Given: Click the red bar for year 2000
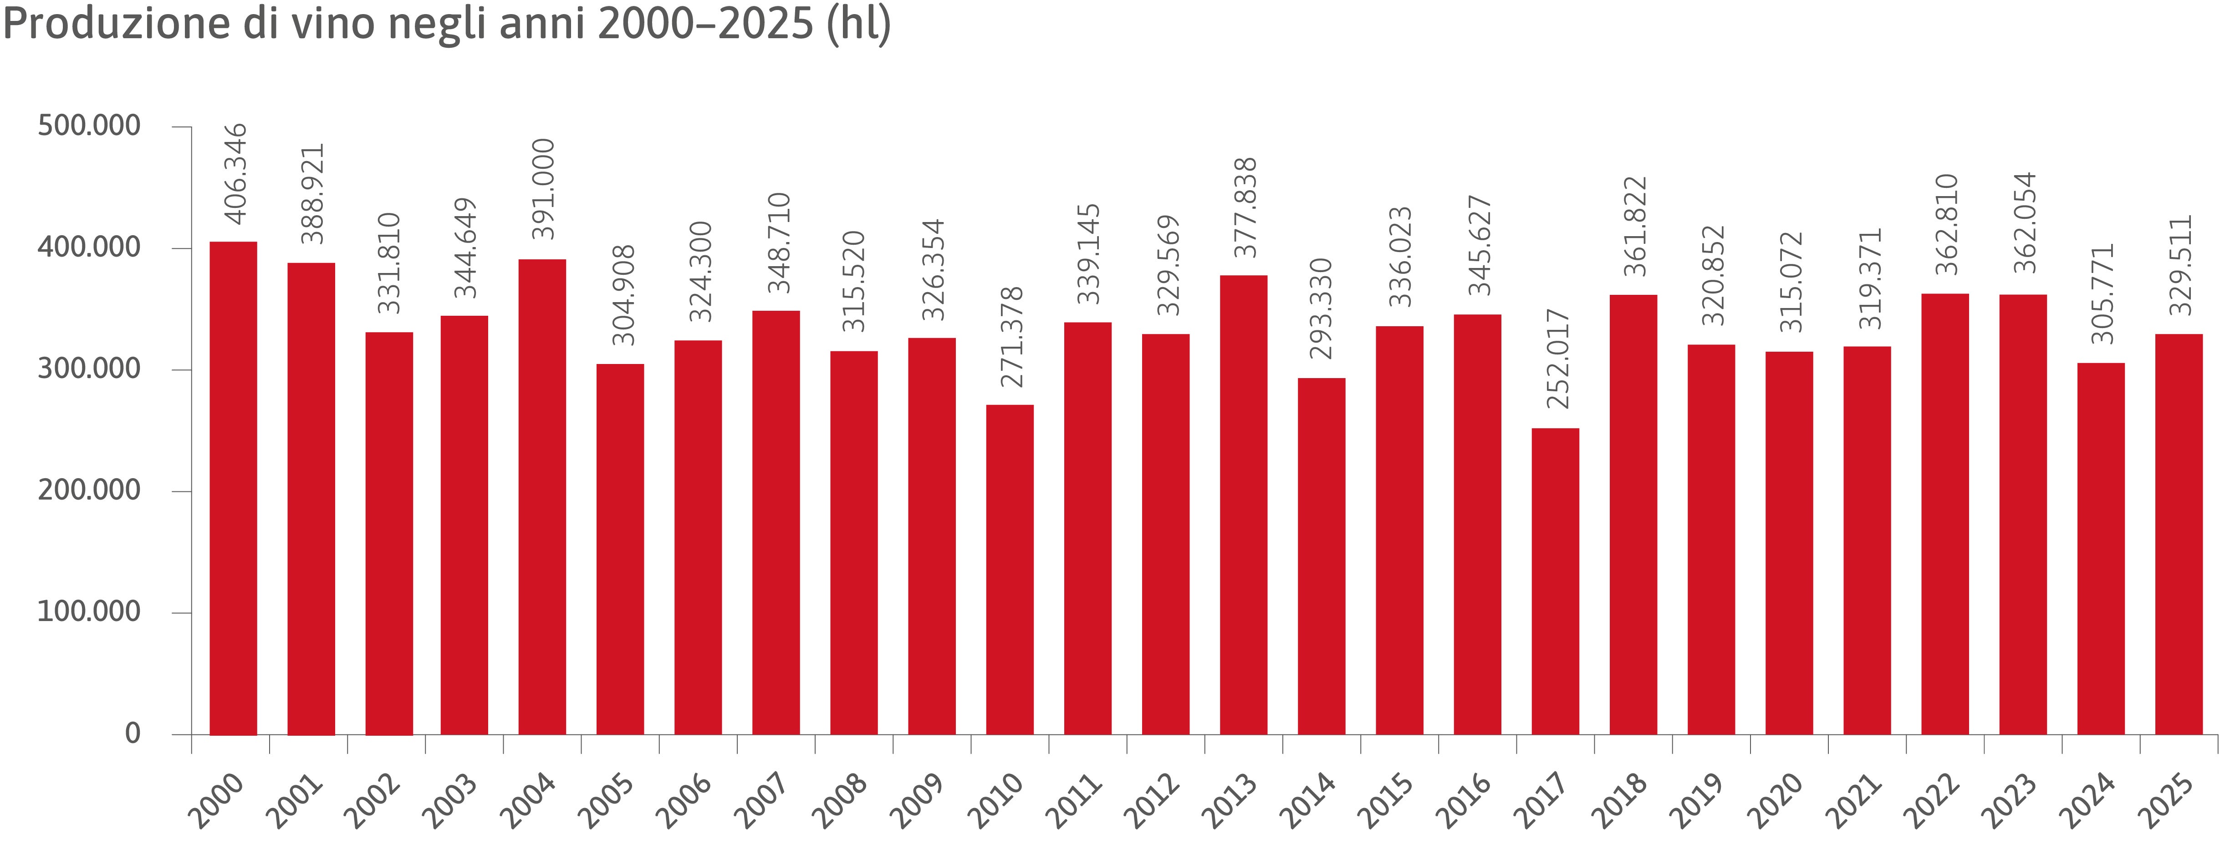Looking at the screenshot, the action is point(234,488).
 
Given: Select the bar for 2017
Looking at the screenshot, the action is point(1556,581).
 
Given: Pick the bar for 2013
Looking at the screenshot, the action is point(1244,505).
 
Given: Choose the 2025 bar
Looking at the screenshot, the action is point(2179,534).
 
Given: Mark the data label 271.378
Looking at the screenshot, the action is point(1011,337).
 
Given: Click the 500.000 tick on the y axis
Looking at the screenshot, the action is point(89,126).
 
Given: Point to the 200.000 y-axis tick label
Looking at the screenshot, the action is point(89,490).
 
